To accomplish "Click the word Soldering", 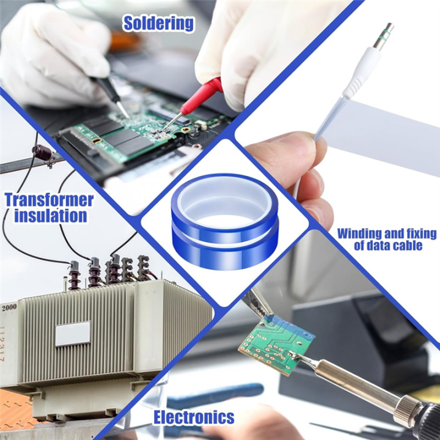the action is (158, 24).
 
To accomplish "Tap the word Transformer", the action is (50, 200).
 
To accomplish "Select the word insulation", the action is (51, 216).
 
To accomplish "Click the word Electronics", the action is (194, 417).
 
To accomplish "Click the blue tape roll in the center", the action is (225, 222).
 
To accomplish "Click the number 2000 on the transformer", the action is (9, 307).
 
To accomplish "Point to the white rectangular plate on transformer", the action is (73, 334).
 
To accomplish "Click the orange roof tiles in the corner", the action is (14, 407).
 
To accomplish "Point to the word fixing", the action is (422, 234).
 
